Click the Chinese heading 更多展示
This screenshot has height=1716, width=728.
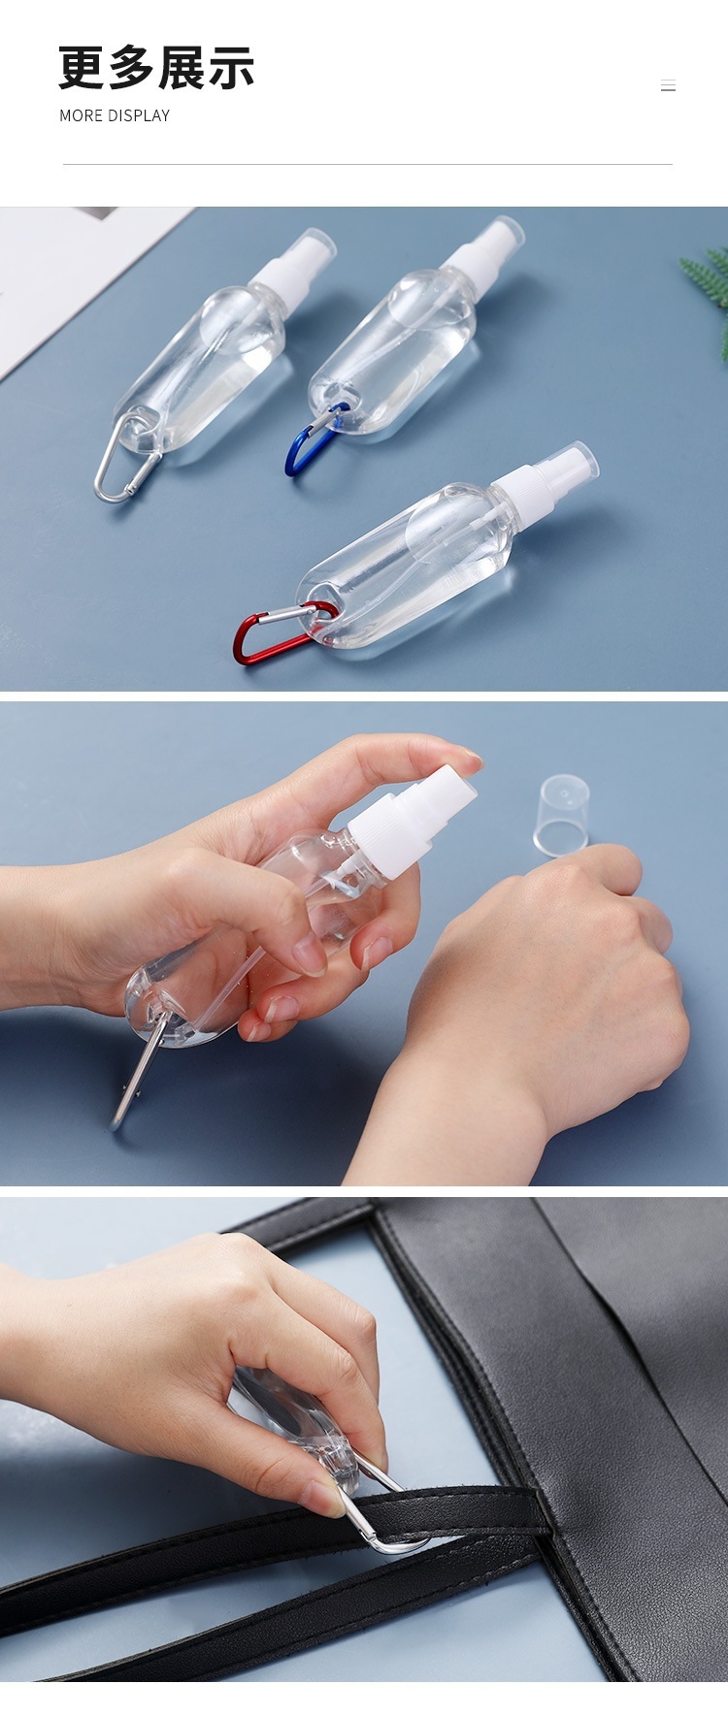tap(156, 68)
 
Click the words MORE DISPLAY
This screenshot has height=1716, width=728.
tap(115, 115)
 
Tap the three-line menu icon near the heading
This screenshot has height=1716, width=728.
tap(668, 85)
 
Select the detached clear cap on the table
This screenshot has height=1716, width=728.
tap(561, 815)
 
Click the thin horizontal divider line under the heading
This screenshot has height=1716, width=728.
tap(367, 164)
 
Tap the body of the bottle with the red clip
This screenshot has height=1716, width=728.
tap(408, 572)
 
